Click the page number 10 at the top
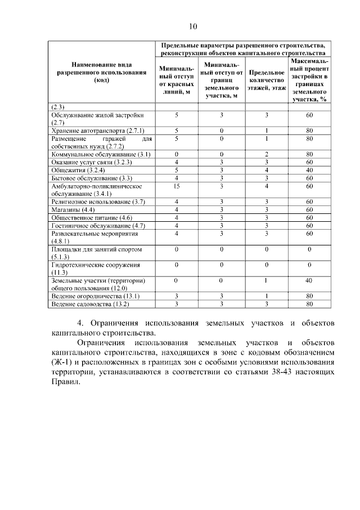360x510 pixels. (193, 26)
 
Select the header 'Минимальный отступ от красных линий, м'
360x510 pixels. (176, 80)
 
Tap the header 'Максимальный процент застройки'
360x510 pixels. (309, 79)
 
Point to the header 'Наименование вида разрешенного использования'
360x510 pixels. (97, 73)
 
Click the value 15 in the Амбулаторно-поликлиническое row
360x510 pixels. (176, 186)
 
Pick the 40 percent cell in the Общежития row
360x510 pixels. (309, 169)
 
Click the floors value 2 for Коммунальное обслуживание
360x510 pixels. (267, 153)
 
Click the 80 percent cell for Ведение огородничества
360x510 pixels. (309, 296)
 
